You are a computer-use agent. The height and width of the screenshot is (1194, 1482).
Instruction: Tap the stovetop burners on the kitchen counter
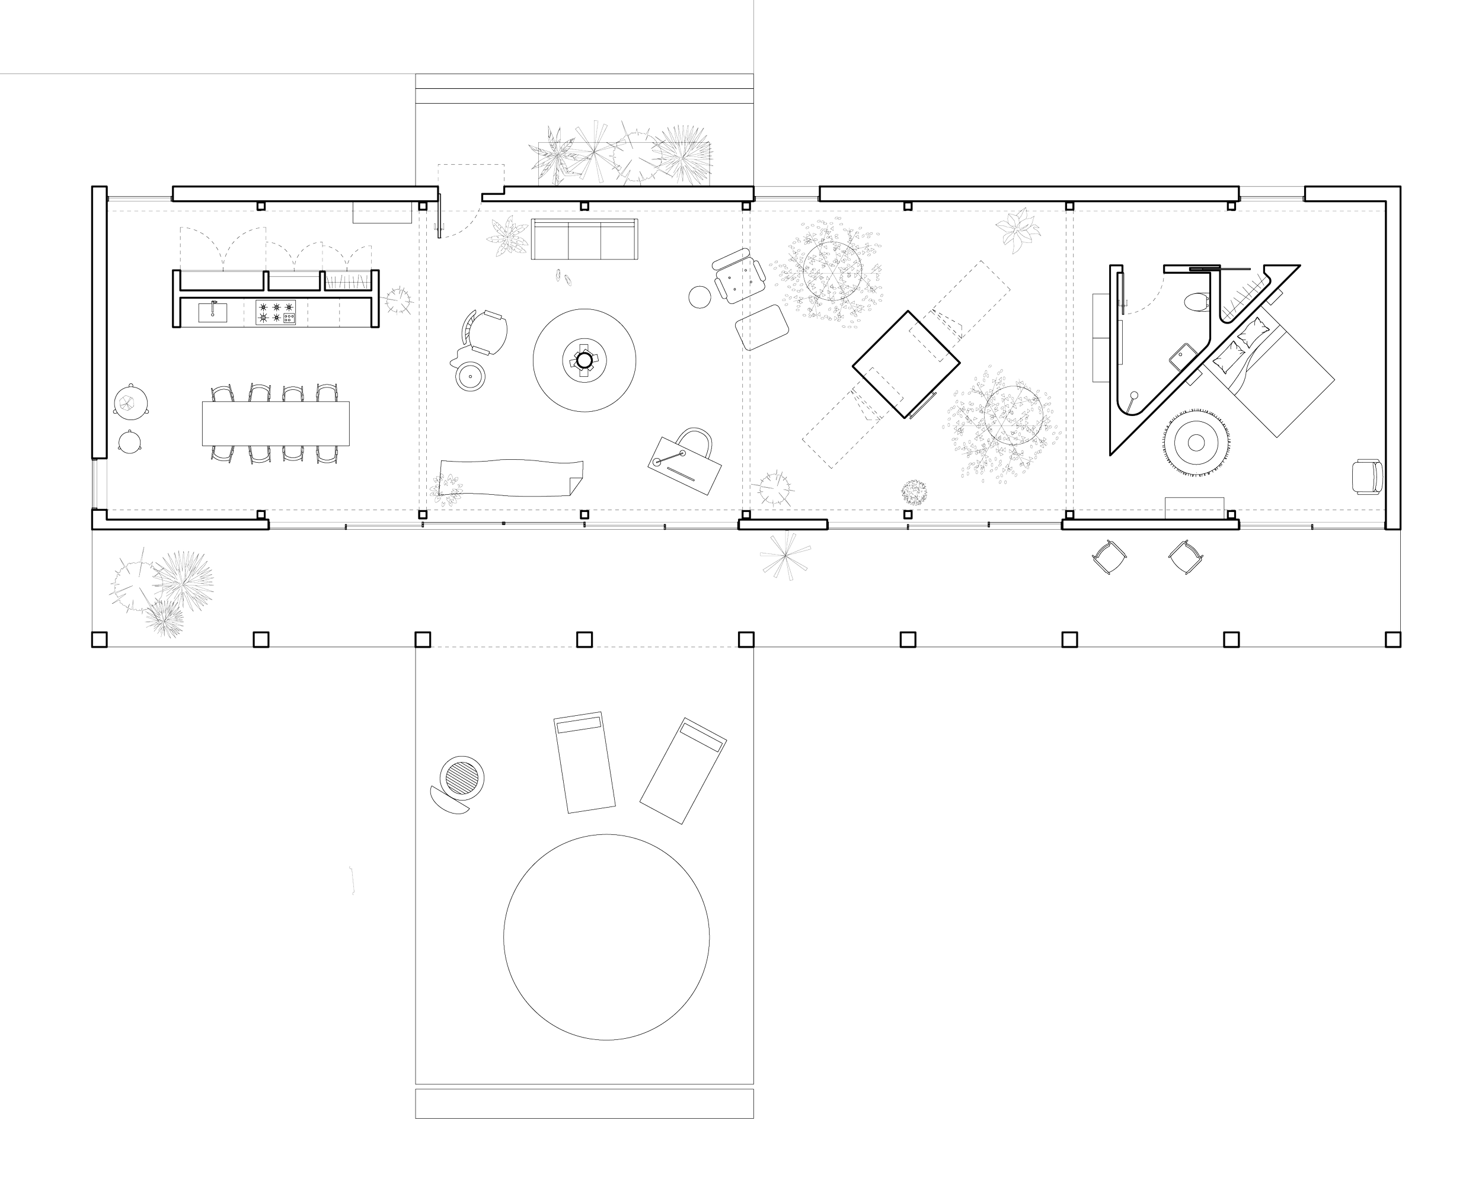tap(276, 312)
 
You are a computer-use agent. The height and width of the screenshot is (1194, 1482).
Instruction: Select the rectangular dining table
tap(275, 424)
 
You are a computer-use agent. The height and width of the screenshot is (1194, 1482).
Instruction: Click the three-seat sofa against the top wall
tap(584, 239)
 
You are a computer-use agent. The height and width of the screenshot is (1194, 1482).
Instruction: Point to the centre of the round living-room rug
tap(584, 360)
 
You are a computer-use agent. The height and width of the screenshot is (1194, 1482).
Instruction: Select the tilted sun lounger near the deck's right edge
tap(682, 770)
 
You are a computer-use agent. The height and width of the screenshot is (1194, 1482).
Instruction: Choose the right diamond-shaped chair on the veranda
tap(1185, 556)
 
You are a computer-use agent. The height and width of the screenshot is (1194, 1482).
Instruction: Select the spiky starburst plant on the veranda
tap(784, 555)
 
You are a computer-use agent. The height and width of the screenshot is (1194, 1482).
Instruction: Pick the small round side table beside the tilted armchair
tap(700, 297)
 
